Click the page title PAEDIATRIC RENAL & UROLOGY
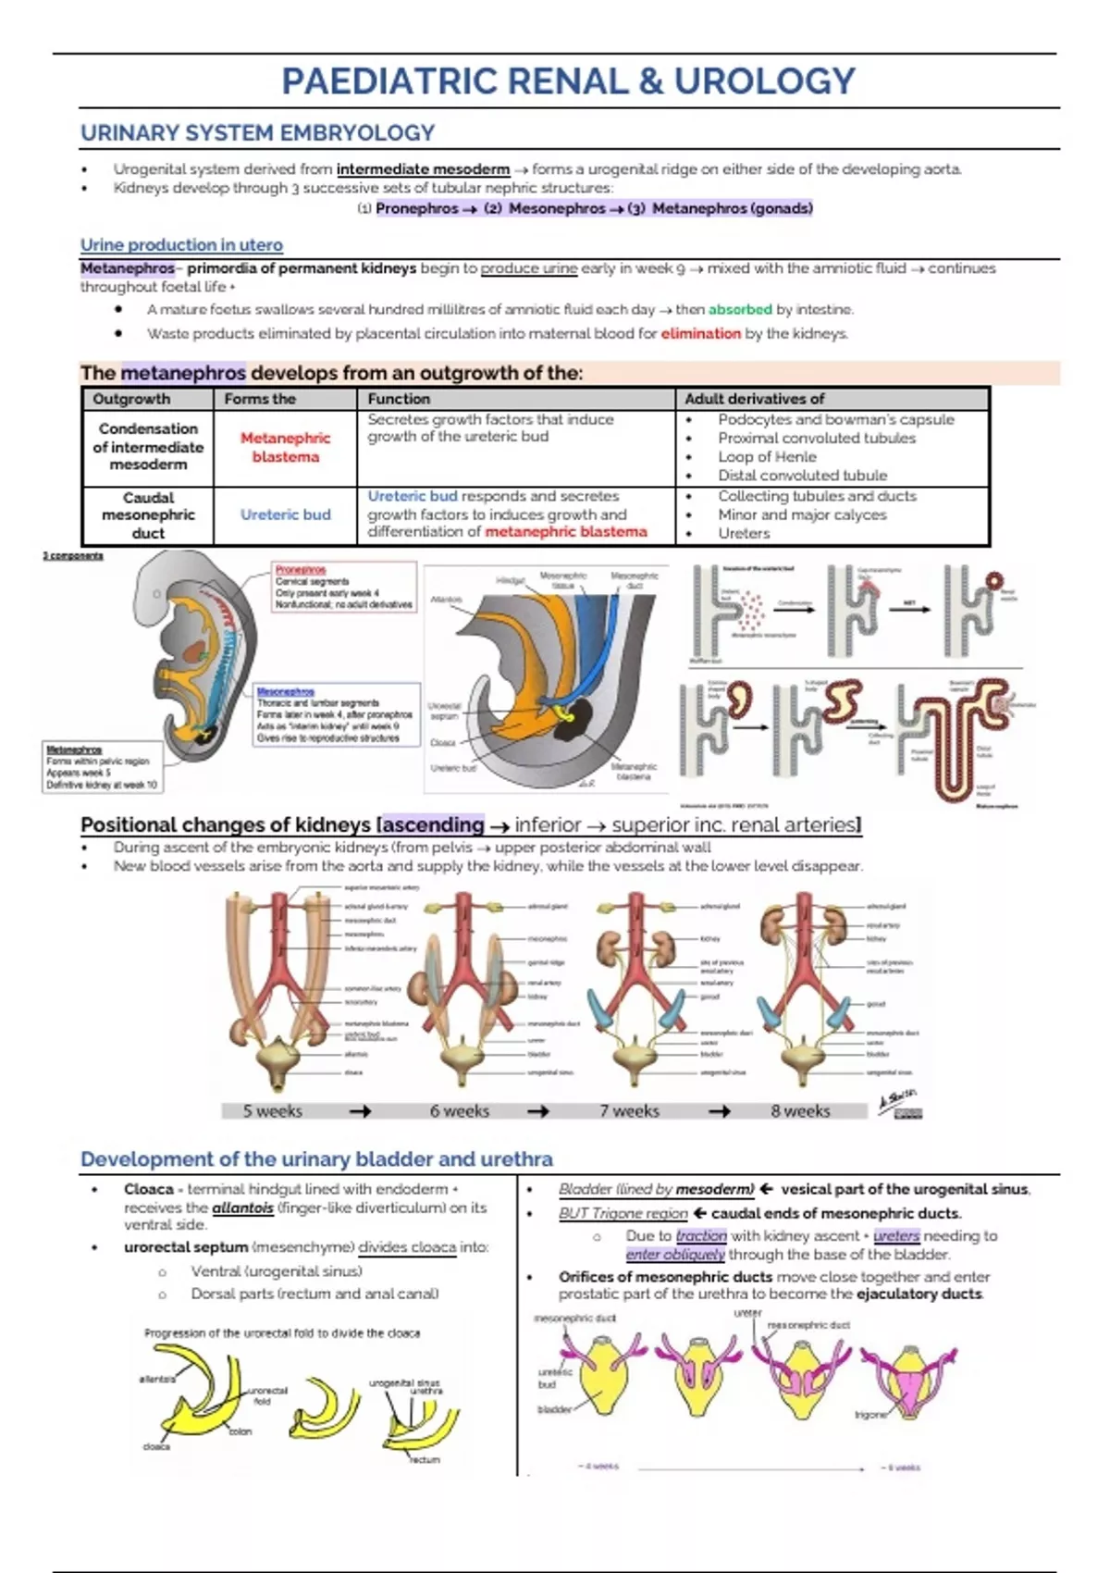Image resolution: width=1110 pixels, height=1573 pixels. pyautogui.click(x=568, y=81)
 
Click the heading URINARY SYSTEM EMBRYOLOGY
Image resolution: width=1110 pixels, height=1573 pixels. pyautogui.click(x=257, y=133)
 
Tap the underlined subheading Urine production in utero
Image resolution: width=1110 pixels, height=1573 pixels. pyautogui.click(x=181, y=245)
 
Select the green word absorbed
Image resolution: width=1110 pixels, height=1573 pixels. pyautogui.click(x=740, y=310)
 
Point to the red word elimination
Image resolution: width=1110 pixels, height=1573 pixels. pyautogui.click(x=700, y=334)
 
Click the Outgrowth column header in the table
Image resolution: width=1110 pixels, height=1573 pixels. pyautogui.click(x=131, y=399)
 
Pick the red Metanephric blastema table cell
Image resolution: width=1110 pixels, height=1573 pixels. pyautogui.click(x=285, y=448)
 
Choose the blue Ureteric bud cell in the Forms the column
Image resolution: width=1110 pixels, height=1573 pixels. pyautogui.click(x=285, y=514)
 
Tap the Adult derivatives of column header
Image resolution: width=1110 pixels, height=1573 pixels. pyautogui.click(x=754, y=399)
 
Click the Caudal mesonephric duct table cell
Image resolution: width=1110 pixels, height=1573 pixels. pyautogui.click(x=148, y=515)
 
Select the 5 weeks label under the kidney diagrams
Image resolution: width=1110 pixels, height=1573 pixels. pyautogui.click(x=272, y=1111)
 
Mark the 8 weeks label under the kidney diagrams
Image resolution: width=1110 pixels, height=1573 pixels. pyautogui.click(x=800, y=1111)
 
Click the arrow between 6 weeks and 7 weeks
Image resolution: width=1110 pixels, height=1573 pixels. pyautogui.click(x=537, y=1111)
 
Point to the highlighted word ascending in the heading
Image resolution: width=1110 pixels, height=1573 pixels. pyautogui.click(x=434, y=824)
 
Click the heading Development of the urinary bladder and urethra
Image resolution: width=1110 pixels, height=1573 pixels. pyautogui.click(x=316, y=1159)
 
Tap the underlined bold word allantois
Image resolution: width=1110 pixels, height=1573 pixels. pyautogui.click(x=242, y=1208)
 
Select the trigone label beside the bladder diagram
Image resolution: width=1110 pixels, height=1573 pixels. pyautogui.click(x=870, y=1415)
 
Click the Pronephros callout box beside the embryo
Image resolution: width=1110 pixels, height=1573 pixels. pyautogui.click(x=343, y=587)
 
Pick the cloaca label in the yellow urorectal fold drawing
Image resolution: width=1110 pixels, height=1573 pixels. pyautogui.click(x=156, y=1446)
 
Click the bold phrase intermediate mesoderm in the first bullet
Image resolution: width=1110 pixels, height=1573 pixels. pyautogui.click(x=423, y=169)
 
